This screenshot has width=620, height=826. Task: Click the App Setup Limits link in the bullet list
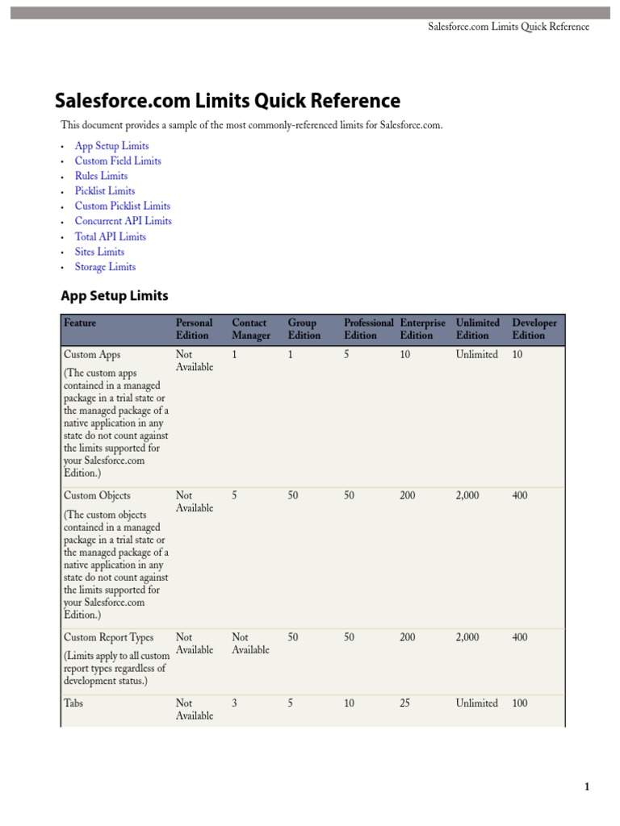tap(111, 146)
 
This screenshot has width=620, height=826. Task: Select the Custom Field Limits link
tap(118, 161)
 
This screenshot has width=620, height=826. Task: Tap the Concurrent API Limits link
tap(123, 221)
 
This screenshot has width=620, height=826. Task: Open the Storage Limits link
tap(105, 267)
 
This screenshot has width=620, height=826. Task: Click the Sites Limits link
tap(99, 252)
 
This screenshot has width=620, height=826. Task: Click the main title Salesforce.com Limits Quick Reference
tap(227, 101)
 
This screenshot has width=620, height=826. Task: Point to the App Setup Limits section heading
tap(115, 296)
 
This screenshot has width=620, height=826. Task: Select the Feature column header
tap(80, 323)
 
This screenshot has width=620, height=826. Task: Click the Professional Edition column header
tap(368, 329)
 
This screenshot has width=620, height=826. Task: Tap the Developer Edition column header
tap(534, 329)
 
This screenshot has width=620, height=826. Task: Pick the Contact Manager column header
tap(251, 329)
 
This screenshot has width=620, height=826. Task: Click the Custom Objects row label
tap(96, 495)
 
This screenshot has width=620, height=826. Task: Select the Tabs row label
tap(73, 703)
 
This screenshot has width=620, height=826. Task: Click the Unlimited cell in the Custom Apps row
tap(476, 354)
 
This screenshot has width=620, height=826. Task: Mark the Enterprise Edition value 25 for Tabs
tap(405, 703)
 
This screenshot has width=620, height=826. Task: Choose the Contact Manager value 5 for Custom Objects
tap(235, 495)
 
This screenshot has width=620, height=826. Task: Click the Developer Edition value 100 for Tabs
tap(520, 703)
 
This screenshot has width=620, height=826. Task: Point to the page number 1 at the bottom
tap(587, 787)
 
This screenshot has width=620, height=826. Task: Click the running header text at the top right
tap(508, 27)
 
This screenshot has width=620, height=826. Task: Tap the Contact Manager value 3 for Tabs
tap(235, 703)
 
